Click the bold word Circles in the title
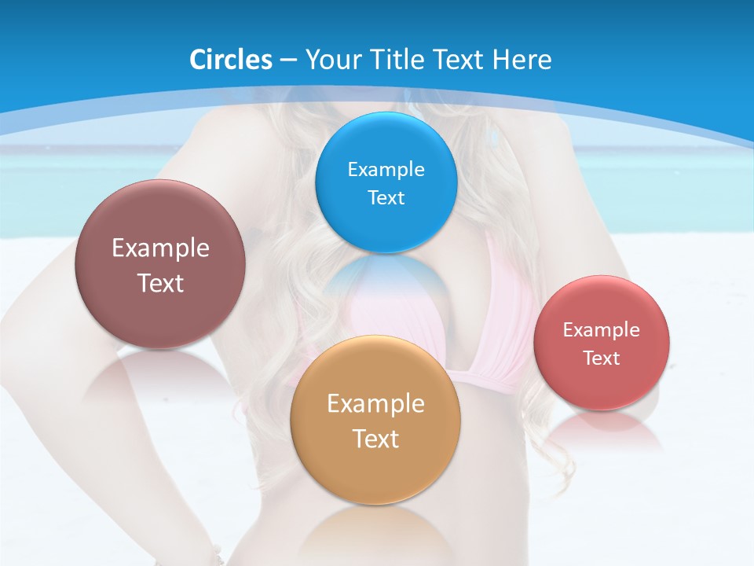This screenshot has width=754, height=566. [230, 60]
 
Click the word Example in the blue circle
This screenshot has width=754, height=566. [386, 169]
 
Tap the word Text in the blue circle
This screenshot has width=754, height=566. [386, 197]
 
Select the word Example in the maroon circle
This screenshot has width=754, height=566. [160, 248]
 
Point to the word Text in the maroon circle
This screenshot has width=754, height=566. [160, 283]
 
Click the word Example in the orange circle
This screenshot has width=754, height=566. [375, 403]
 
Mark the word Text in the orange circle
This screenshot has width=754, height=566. [375, 439]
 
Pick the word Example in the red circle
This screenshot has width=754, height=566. [602, 329]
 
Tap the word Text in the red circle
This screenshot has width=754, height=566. [602, 358]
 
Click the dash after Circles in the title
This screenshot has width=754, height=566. [287, 61]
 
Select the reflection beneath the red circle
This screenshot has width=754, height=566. [601, 432]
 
